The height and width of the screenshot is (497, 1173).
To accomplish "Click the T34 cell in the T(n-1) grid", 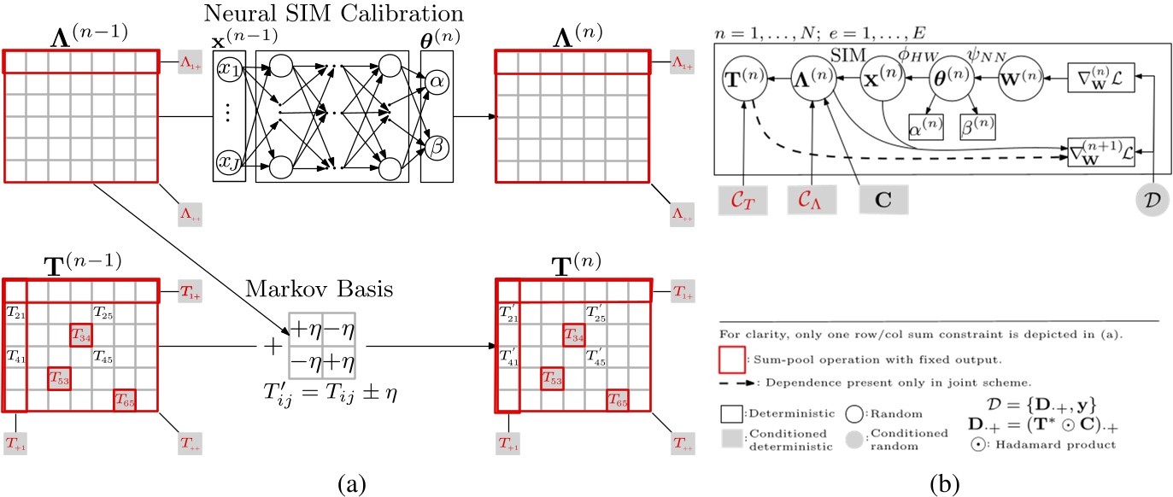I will [81, 334].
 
